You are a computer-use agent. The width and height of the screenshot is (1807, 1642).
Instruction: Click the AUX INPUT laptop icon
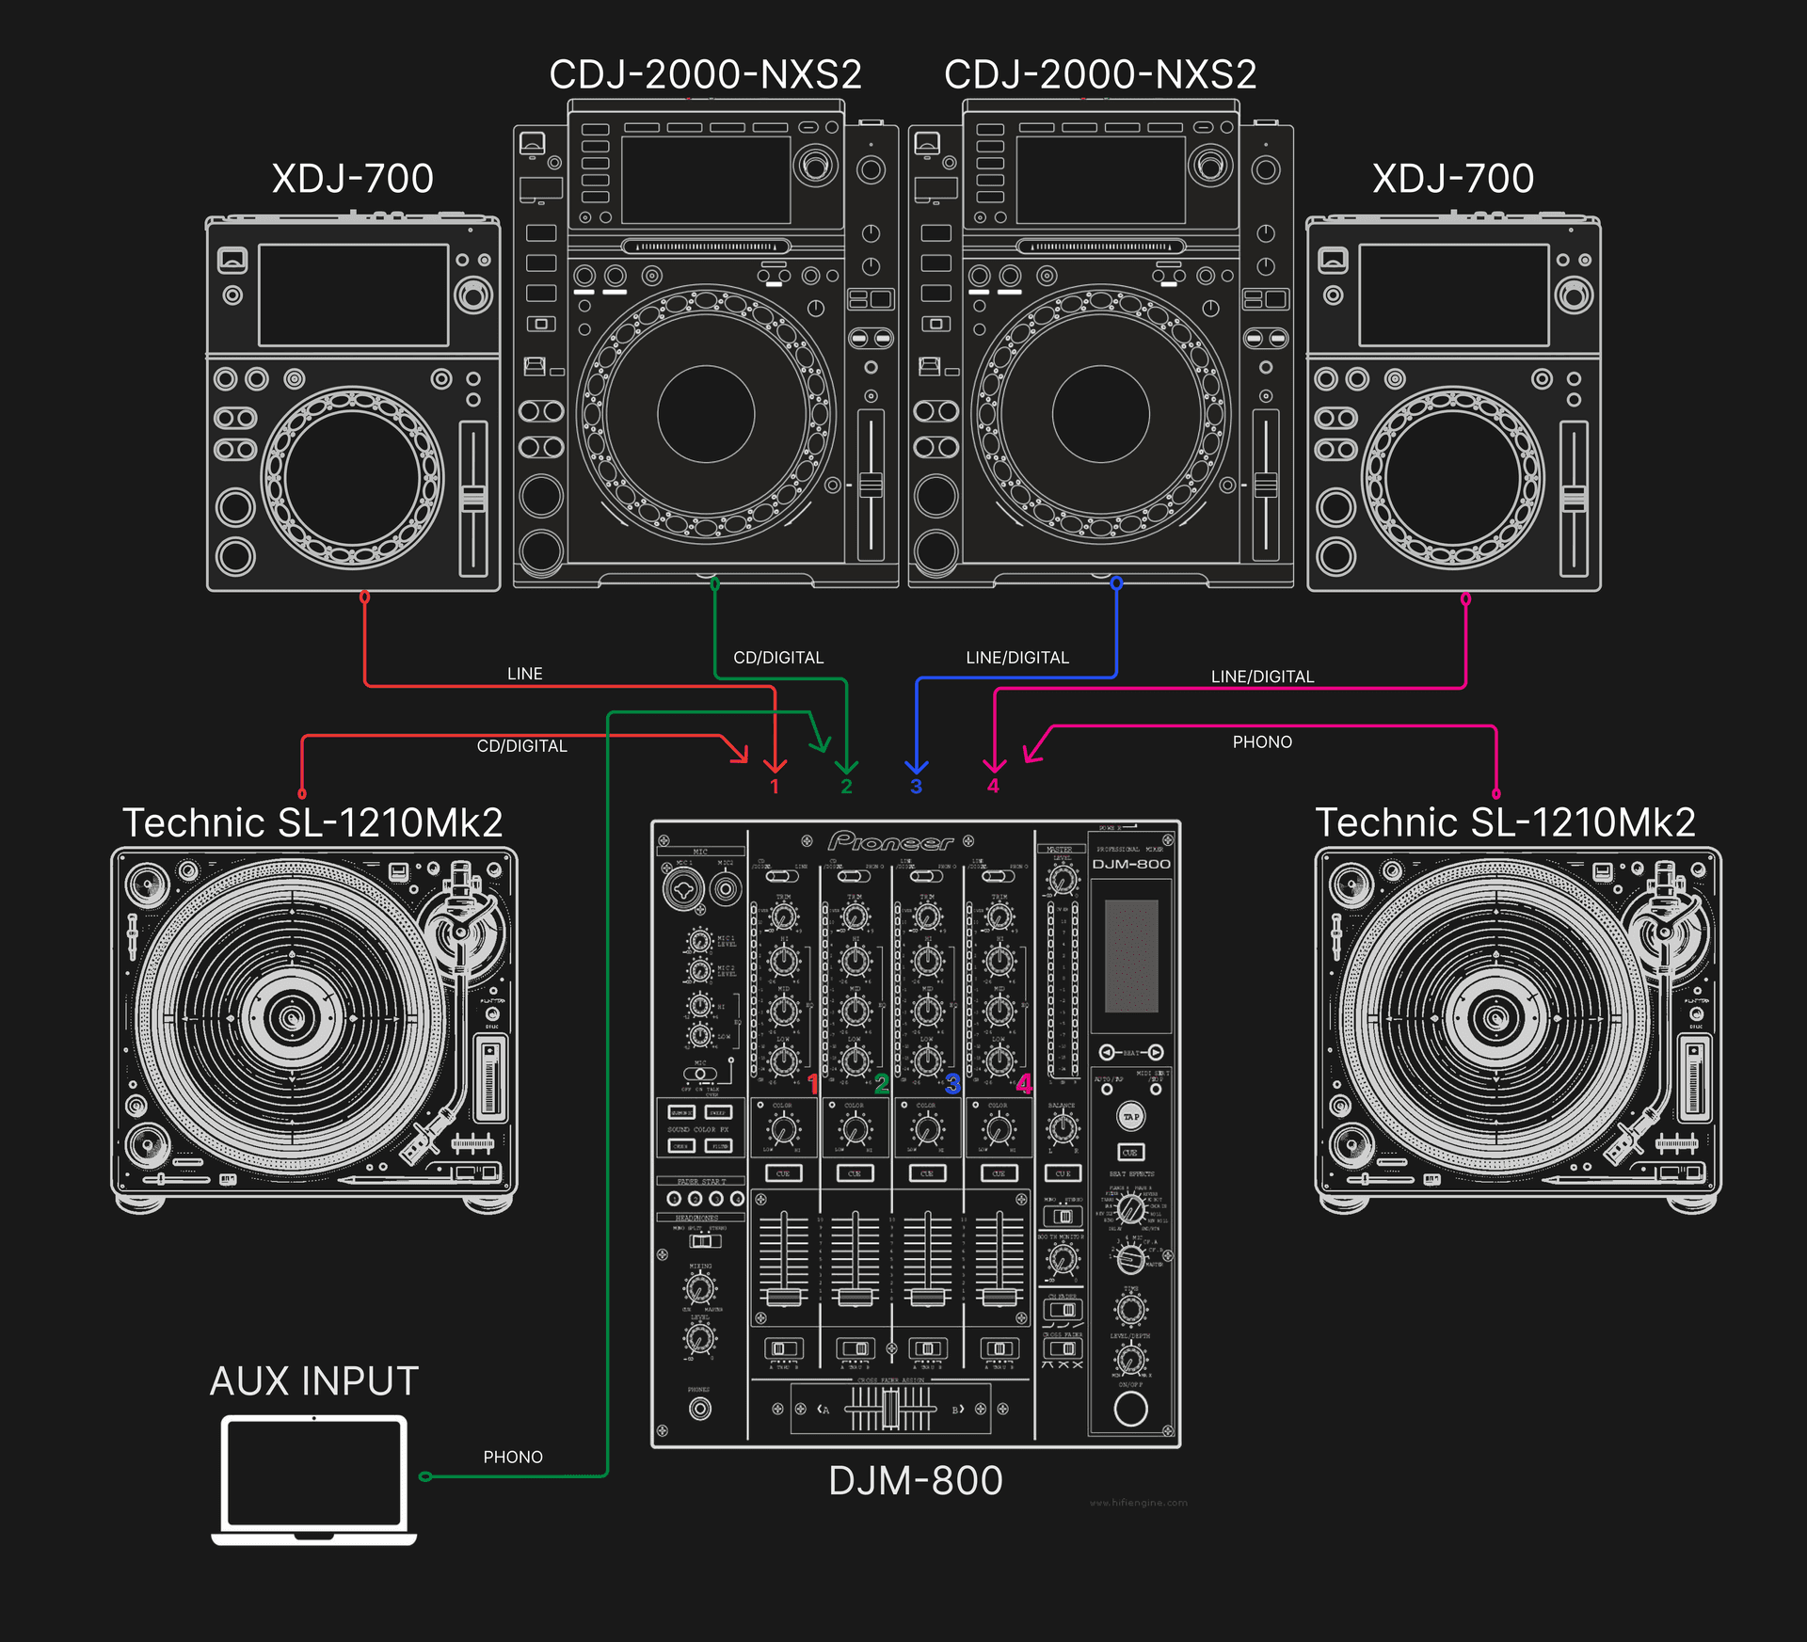313,1477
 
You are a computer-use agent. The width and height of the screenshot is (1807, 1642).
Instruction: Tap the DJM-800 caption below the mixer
915,1480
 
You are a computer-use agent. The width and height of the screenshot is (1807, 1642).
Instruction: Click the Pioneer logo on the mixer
889,841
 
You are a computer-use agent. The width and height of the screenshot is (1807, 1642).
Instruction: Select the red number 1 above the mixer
775,787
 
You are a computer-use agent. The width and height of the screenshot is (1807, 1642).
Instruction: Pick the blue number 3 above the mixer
916,787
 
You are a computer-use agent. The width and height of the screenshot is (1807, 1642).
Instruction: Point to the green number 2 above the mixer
846,787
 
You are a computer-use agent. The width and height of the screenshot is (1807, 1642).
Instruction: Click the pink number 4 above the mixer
993,786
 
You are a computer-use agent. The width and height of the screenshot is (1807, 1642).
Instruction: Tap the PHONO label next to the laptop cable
513,1457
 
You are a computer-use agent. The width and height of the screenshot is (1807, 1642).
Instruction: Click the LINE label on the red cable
524,674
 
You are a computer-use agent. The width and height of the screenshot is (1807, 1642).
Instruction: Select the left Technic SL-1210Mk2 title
312,822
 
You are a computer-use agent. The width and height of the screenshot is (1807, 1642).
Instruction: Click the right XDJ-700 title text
1452,178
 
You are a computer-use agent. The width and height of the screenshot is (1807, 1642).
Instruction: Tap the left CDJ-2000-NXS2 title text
705,74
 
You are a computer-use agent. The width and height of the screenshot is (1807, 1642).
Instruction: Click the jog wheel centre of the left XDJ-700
353,477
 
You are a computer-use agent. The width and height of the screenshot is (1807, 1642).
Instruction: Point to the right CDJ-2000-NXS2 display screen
1100,180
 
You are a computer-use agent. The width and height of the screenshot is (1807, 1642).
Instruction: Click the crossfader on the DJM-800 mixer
889,1409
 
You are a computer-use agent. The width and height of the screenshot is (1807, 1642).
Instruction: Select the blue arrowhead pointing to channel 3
917,766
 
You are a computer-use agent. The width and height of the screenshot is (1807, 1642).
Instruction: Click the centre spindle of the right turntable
1494,1017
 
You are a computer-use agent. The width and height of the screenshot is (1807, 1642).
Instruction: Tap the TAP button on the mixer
1130,1117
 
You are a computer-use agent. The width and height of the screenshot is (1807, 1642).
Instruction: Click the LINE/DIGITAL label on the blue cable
1017,658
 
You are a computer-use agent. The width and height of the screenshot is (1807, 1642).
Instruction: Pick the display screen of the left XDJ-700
353,295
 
